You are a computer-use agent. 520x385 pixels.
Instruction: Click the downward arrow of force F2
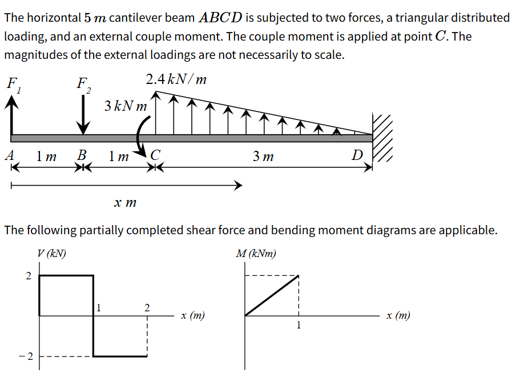point(84,117)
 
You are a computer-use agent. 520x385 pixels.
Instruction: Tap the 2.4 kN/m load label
point(176,79)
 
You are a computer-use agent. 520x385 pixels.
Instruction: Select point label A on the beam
point(9,155)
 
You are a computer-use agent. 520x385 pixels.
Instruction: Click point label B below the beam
point(82,155)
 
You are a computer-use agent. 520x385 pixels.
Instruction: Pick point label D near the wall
point(357,155)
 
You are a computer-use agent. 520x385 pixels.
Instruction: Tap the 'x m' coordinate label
point(125,202)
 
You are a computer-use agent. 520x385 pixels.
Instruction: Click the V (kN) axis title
point(51,254)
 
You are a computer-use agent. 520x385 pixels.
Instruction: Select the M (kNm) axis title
point(256,254)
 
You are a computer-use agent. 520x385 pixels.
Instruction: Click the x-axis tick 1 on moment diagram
point(298,326)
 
